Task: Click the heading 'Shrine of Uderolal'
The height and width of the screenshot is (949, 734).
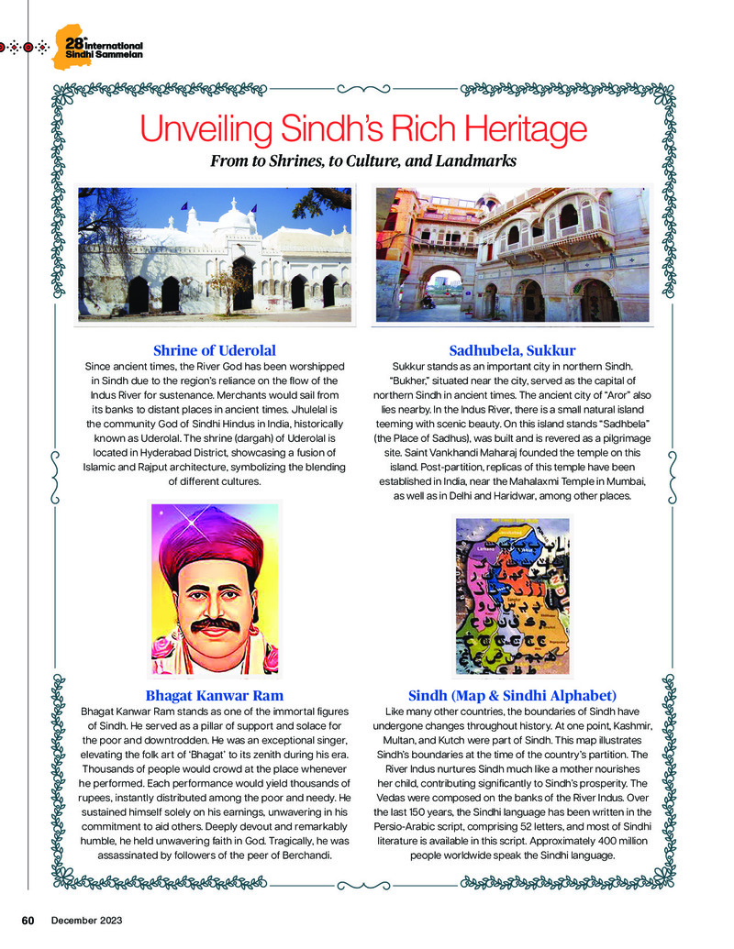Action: point(214,350)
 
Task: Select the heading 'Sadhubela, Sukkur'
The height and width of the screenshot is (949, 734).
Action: point(512,350)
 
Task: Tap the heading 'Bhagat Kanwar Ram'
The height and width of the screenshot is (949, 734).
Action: point(214,695)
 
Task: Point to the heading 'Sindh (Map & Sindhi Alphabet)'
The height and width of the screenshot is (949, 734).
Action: point(512,695)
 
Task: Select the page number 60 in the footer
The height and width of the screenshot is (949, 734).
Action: point(28,920)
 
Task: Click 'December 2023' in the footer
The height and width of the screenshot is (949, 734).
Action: point(86,920)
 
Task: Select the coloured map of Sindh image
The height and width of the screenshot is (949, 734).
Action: point(511,596)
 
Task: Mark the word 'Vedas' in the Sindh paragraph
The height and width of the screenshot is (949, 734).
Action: point(396,798)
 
